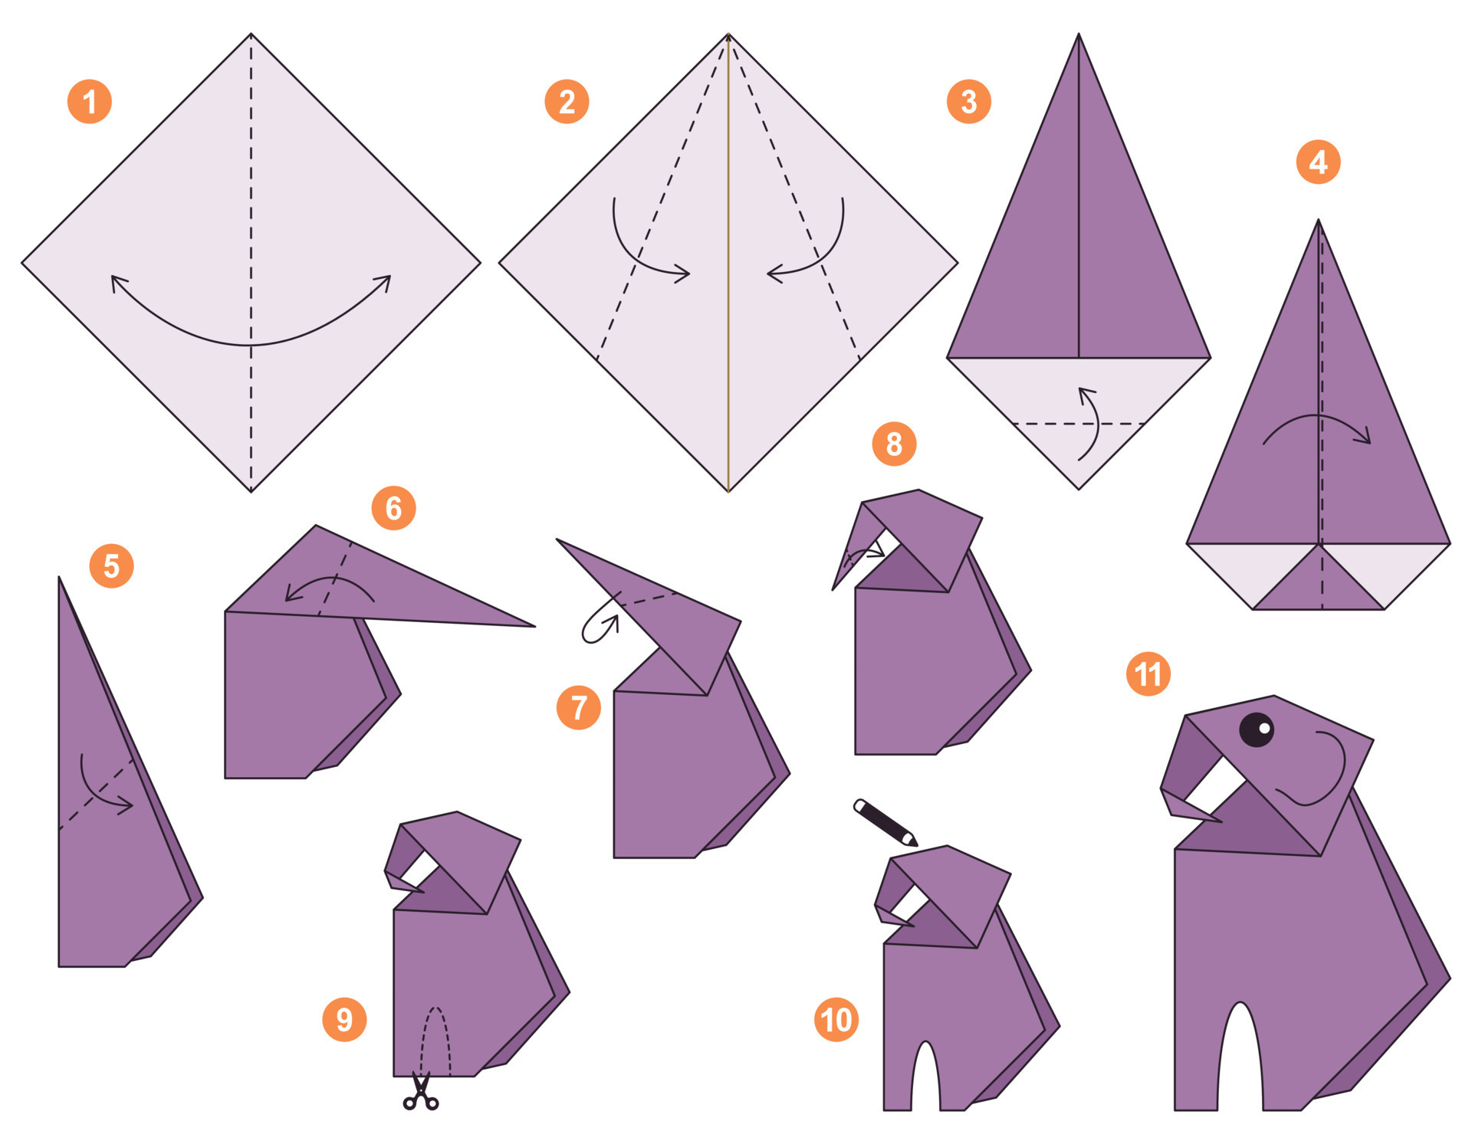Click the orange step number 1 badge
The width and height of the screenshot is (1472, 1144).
click(x=90, y=102)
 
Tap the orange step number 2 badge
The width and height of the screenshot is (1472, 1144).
click(x=567, y=102)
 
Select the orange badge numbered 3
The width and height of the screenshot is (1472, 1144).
click(x=968, y=102)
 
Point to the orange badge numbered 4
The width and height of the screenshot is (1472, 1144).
click(x=1318, y=162)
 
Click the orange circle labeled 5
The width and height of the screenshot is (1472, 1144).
click(x=111, y=566)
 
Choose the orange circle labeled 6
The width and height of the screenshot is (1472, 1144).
click(x=393, y=507)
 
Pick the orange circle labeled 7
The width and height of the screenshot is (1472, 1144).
click(x=579, y=706)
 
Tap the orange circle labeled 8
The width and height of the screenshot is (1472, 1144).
click(x=894, y=444)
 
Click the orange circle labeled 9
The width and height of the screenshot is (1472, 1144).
click(x=344, y=1019)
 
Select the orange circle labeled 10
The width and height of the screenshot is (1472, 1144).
click(x=836, y=1019)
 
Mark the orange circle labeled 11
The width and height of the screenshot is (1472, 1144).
click(x=1148, y=674)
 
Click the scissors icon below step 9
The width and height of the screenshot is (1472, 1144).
click(x=421, y=1093)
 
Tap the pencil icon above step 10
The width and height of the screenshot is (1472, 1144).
click(x=886, y=823)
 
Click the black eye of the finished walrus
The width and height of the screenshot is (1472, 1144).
click(x=1257, y=729)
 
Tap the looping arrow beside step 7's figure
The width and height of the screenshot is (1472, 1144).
click(x=600, y=628)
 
